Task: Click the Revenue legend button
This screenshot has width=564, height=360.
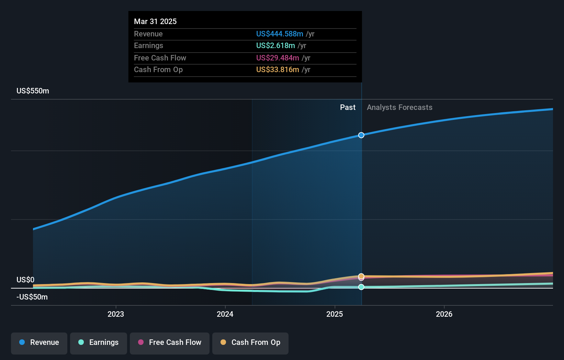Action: pyautogui.click(x=39, y=342)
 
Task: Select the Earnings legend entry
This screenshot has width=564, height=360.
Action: pyautogui.click(x=99, y=342)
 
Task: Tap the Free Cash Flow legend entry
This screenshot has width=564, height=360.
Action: pyautogui.click(x=170, y=342)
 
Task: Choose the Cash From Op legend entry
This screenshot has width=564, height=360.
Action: pyautogui.click(x=250, y=342)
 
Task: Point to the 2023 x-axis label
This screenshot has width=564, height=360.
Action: pyautogui.click(x=116, y=314)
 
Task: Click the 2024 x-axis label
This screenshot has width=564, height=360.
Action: pyautogui.click(x=225, y=314)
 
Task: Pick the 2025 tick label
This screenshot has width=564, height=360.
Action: pyautogui.click(x=335, y=314)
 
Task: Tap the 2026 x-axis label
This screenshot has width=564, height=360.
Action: pyautogui.click(x=444, y=314)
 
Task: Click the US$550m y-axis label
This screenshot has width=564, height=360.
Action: pyautogui.click(x=33, y=91)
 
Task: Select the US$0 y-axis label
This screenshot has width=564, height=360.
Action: pyautogui.click(x=25, y=280)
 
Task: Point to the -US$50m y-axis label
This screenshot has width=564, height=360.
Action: pyautogui.click(x=32, y=297)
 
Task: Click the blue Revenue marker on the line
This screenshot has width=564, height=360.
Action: pyautogui.click(x=361, y=135)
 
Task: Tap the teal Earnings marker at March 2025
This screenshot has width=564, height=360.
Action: pyautogui.click(x=361, y=287)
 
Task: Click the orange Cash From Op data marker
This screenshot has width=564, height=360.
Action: pyautogui.click(x=361, y=276)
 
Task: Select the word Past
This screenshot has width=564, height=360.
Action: pyautogui.click(x=348, y=108)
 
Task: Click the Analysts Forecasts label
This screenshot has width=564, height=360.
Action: pyautogui.click(x=399, y=108)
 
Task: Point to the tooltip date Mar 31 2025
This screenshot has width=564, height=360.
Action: pyautogui.click(x=155, y=21)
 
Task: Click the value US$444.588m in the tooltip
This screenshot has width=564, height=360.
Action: pyautogui.click(x=280, y=34)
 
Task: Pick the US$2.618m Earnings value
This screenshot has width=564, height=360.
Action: pyautogui.click(x=275, y=46)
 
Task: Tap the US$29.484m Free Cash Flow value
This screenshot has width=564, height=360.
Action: pyautogui.click(x=278, y=58)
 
